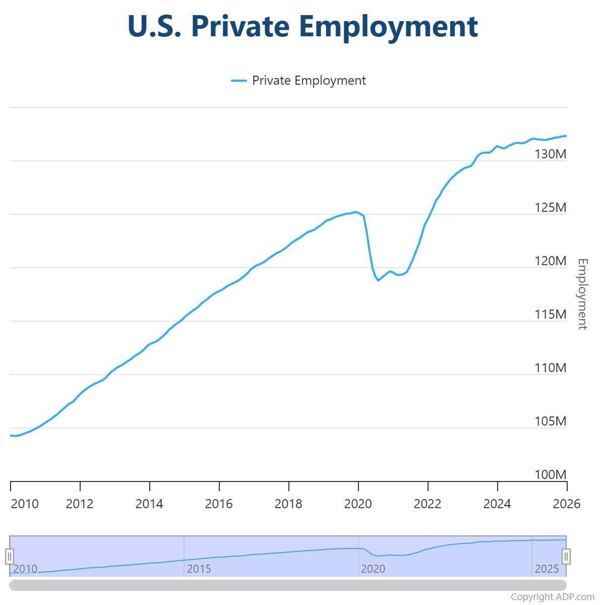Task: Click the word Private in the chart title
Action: (x=239, y=26)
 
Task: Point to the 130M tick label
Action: (x=550, y=154)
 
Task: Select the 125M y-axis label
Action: (x=550, y=207)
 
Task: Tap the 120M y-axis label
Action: (x=550, y=261)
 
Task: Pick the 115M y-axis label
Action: (x=550, y=314)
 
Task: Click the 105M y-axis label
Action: (x=550, y=421)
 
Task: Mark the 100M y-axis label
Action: (x=550, y=474)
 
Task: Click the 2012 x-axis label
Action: (x=80, y=504)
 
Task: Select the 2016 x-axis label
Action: (x=219, y=504)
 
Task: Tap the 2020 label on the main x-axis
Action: (x=358, y=504)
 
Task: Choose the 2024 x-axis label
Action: (x=497, y=504)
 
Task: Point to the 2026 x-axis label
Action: (x=567, y=504)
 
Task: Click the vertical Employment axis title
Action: (x=582, y=294)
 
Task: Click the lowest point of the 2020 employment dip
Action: (x=378, y=280)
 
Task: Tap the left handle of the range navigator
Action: (x=10, y=556)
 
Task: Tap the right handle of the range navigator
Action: (x=566, y=556)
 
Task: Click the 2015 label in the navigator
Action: (x=199, y=569)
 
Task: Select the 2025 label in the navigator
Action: (x=547, y=569)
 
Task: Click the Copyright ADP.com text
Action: (x=552, y=597)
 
